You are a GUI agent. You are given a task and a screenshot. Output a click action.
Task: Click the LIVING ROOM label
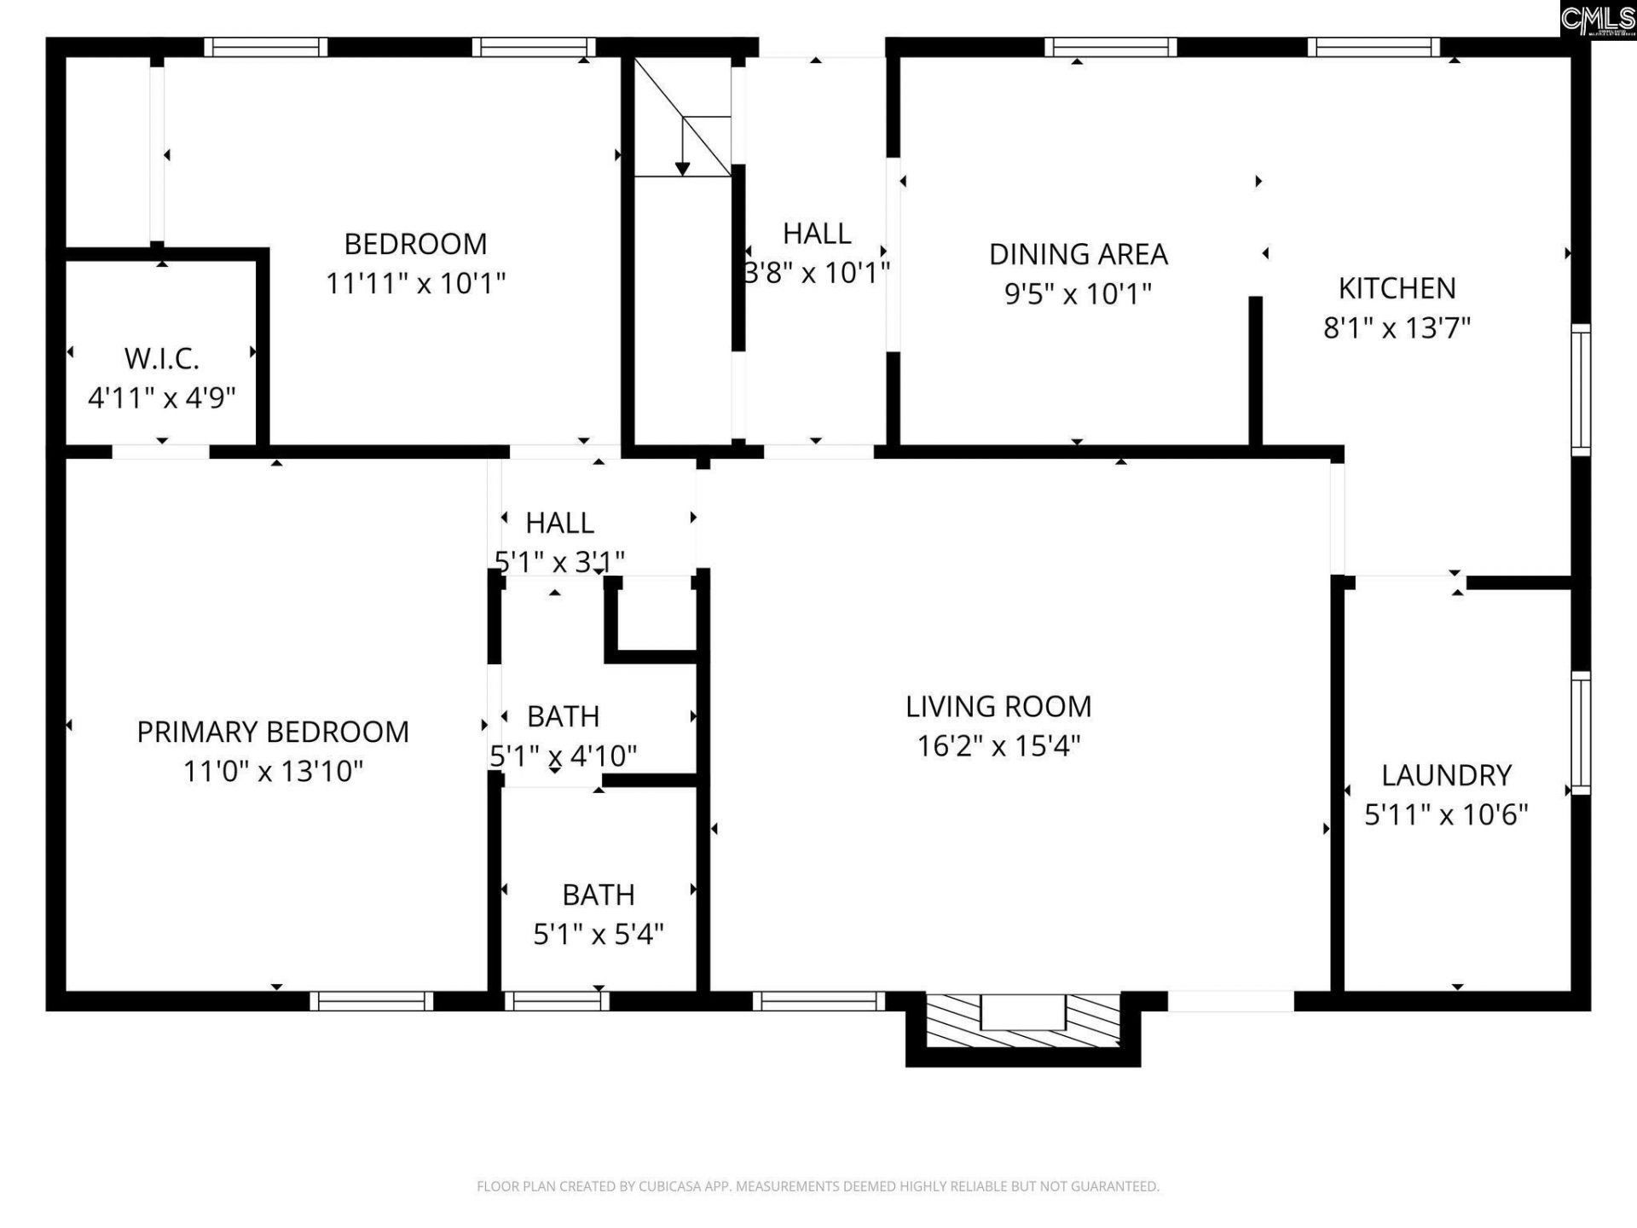[998, 706]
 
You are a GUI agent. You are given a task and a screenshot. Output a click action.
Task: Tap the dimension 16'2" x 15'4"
[998, 746]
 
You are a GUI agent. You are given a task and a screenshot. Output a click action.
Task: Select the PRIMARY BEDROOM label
[273, 732]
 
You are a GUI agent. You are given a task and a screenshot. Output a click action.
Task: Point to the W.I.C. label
[162, 359]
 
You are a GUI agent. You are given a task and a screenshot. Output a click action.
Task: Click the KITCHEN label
[1397, 288]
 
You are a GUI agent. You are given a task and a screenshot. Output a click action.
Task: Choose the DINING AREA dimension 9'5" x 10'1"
[1078, 294]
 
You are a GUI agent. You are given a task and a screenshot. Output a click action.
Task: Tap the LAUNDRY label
[1446, 775]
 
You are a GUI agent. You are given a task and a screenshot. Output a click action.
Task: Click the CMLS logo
[1597, 18]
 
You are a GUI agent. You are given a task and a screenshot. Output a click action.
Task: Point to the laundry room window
[1580, 733]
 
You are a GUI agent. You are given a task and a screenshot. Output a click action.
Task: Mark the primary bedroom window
[371, 1000]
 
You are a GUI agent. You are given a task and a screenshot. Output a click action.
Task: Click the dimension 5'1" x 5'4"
[598, 935]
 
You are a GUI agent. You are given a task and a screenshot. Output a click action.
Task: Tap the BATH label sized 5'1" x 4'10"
[563, 716]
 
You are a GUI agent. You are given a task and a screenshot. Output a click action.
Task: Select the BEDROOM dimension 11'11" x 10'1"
[415, 283]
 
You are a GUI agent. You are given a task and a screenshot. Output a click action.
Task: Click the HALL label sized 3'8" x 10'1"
[816, 233]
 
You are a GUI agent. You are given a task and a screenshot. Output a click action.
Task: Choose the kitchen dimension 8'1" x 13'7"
[1397, 327]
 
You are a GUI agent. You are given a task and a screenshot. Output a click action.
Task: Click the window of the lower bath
[557, 1000]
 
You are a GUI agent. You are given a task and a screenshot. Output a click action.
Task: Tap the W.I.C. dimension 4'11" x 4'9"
[162, 397]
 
